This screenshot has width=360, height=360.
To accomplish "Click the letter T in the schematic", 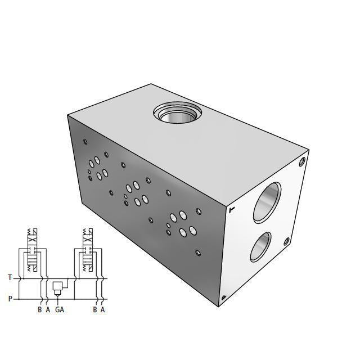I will (10, 277).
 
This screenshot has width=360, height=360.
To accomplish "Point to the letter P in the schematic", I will (10, 299).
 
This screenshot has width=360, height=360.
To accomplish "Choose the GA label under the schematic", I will (60, 309).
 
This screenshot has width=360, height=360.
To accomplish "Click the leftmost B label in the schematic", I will (40, 309).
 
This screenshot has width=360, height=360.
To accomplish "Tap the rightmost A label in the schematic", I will (102, 309).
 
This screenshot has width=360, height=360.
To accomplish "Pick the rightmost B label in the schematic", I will (95, 309).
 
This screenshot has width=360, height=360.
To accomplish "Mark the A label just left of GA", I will (48, 309).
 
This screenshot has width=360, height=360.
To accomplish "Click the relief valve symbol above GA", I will (58, 287).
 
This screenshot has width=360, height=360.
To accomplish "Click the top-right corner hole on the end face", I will (302, 163).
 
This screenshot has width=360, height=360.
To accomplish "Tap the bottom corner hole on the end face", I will (224, 298).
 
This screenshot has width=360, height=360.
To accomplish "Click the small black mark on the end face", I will (231, 210).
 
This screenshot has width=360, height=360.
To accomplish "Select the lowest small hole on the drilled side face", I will (197, 253).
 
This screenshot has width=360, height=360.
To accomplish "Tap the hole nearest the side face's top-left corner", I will (85, 142).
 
